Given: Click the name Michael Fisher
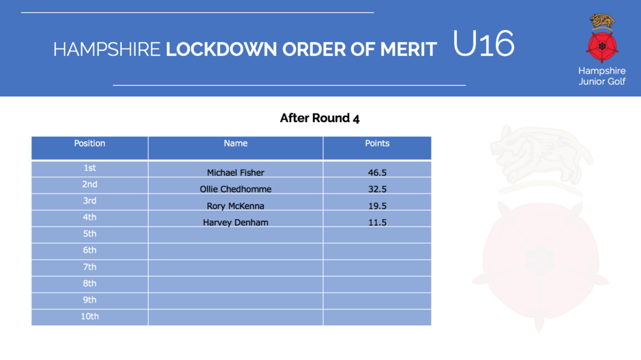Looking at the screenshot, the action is pyautogui.click(x=235, y=173).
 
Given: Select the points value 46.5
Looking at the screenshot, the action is pyautogui.click(x=377, y=173).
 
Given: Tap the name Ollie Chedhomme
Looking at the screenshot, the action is pyautogui.click(x=235, y=189).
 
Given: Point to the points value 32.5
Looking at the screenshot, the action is pyautogui.click(x=377, y=189).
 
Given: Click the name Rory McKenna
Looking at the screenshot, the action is pyautogui.click(x=235, y=206).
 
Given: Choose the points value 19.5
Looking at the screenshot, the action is pyautogui.click(x=377, y=206).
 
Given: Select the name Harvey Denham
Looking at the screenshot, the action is pyautogui.click(x=235, y=223).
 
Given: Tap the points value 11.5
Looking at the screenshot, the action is pyautogui.click(x=377, y=223).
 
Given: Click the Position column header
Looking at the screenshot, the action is pyautogui.click(x=89, y=143).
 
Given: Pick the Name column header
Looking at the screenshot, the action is pyautogui.click(x=235, y=143).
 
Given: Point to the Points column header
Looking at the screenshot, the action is pyautogui.click(x=377, y=143).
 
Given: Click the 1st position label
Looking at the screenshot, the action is pyautogui.click(x=89, y=168).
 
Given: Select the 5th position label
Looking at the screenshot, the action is pyautogui.click(x=89, y=234).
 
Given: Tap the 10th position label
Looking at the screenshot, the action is pyautogui.click(x=89, y=316).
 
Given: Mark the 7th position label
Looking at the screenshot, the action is pyautogui.click(x=89, y=267).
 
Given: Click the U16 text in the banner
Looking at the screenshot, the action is pyautogui.click(x=483, y=43).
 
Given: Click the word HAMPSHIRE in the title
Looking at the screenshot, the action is pyautogui.click(x=106, y=50).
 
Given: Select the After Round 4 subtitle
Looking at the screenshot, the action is pyautogui.click(x=320, y=118).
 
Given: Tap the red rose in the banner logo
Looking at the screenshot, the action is pyautogui.click(x=601, y=46).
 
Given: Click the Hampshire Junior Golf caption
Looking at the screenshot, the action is pyautogui.click(x=601, y=76).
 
